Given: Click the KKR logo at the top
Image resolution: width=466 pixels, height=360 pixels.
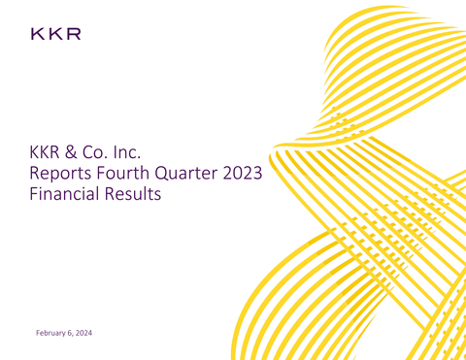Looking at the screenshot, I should pos(54,35).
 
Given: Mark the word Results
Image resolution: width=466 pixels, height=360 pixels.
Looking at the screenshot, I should pos(135,194).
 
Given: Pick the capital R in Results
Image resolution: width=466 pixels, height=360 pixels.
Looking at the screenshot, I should pos(113,194).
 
